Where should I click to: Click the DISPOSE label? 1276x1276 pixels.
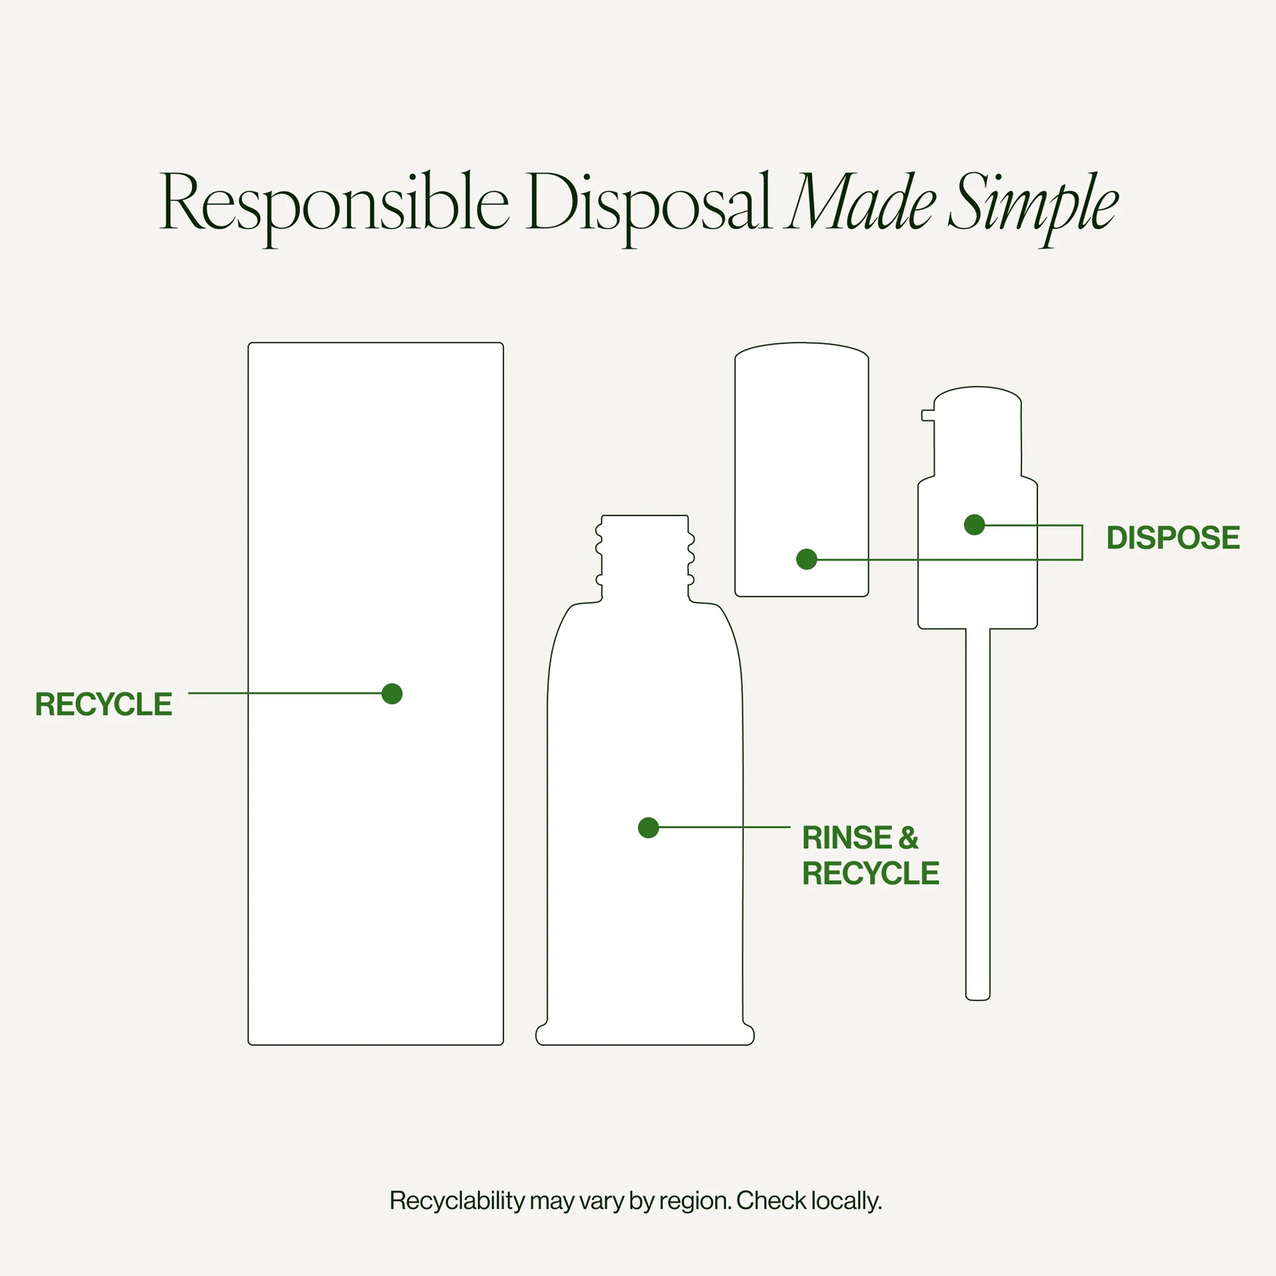pyautogui.click(x=1173, y=538)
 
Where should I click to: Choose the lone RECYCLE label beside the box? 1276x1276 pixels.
pyautogui.click(x=104, y=704)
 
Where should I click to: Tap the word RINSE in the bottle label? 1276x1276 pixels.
pyautogui.click(x=847, y=838)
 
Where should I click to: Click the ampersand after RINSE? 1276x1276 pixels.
pyautogui.click(x=908, y=838)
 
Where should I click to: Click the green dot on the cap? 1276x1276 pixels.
pyautogui.click(x=807, y=560)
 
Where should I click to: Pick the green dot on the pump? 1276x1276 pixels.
pyautogui.click(x=974, y=525)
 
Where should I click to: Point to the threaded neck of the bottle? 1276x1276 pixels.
pyautogui.click(x=645, y=558)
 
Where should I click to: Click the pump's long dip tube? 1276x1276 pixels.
pyautogui.click(x=977, y=814)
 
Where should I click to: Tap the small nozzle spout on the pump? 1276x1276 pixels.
pyautogui.click(x=928, y=415)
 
